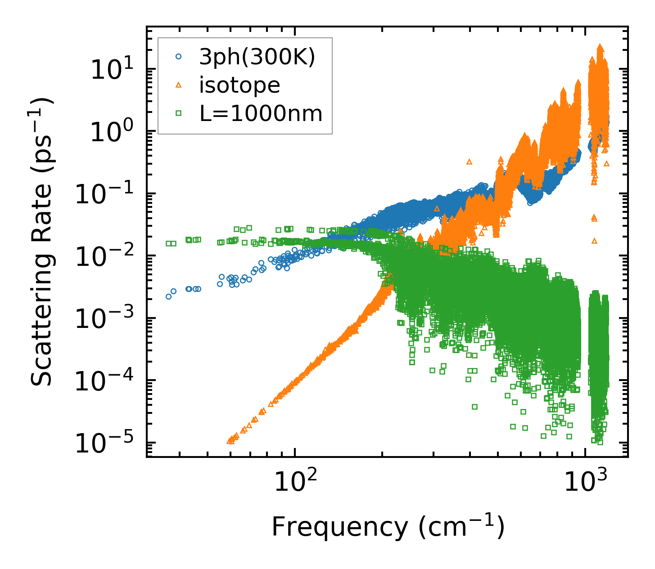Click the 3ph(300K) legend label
point(257,57)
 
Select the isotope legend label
point(239,85)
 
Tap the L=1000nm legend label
point(261,114)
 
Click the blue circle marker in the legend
point(179,57)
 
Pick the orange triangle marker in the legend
point(179,85)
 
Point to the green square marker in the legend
point(179,114)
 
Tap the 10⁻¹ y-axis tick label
point(104,195)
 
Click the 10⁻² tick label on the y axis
point(104,257)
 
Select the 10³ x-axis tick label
point(585,482)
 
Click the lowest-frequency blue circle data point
point(168,296)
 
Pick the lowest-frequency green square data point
point(168,243)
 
